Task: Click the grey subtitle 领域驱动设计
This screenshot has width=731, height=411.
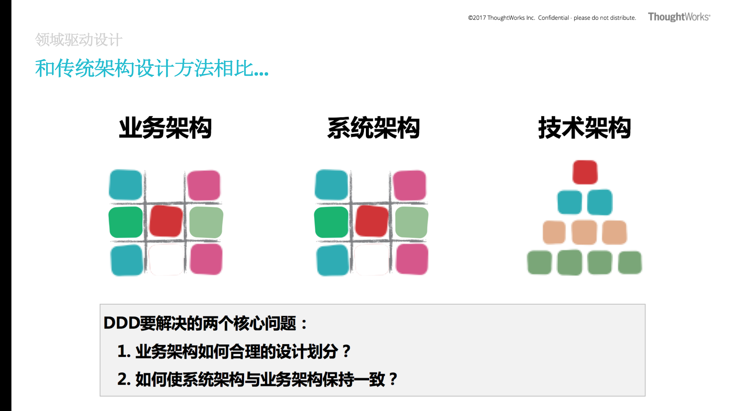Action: (x=79, y=40)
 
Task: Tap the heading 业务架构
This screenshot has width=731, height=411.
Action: (x=165, y=128)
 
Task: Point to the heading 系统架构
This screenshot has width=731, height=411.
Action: (x=373, y=128)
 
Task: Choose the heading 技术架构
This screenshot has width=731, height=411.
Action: (x=585, y=128)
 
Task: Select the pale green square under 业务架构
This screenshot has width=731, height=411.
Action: (x=206, y=222)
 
